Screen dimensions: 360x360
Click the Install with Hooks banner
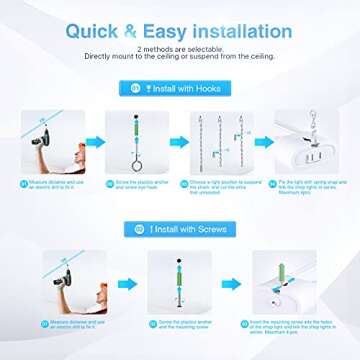[181, 88]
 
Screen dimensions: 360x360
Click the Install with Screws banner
[181, 229]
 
